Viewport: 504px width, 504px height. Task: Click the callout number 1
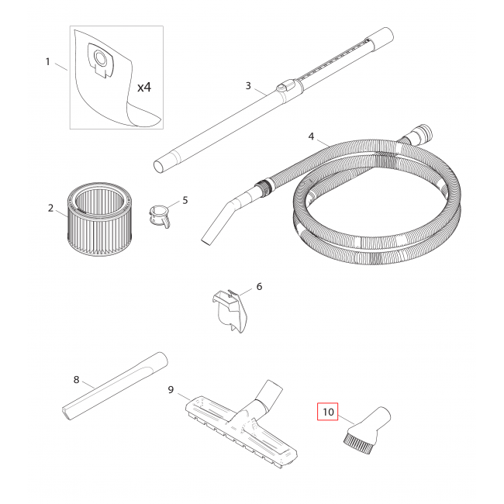(48, 61)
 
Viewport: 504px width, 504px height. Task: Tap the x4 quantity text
(144, 87)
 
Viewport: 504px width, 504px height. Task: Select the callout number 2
(50, 209)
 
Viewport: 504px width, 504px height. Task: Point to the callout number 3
(248, 86)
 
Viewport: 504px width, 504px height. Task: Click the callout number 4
(311, 136)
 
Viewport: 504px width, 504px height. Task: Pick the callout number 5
(185, 201)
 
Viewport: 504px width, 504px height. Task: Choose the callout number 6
(260, 286)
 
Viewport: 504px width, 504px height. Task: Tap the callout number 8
(76, 380)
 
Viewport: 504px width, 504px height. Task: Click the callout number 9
(171, 390)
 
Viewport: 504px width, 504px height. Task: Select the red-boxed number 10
(328, 412)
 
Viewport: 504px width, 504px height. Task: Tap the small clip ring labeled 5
(159, 216)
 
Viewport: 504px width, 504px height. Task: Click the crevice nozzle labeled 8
(115, 385)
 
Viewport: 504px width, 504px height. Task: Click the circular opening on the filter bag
(102, 58)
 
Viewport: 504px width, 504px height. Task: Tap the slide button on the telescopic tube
(283, 87)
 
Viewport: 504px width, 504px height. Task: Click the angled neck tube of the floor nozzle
(269, 396)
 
